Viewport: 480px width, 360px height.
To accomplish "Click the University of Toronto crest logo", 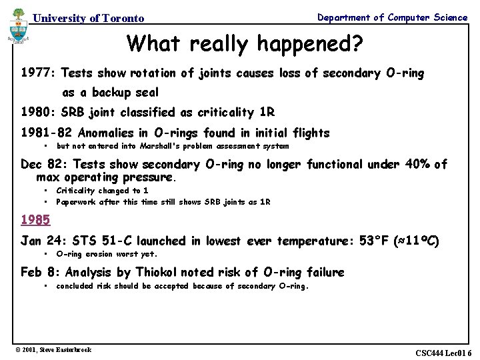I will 18,31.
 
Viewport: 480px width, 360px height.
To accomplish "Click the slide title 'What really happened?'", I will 245,43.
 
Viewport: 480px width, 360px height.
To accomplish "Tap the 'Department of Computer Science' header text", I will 392,17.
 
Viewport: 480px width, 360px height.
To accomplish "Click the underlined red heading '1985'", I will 35,219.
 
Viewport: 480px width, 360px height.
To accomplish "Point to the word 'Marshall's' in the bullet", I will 160,146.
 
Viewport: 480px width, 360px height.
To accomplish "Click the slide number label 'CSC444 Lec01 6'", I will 443,353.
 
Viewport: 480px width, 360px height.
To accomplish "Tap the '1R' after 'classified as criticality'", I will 266,112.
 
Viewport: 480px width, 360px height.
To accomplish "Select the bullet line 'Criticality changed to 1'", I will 102,190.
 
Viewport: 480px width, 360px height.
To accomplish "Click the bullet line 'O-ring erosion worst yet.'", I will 107,254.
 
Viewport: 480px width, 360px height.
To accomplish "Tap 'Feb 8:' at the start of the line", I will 41,272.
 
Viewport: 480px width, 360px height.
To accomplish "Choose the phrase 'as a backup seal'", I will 111,93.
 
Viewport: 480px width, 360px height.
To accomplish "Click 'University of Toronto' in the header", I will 88,19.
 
